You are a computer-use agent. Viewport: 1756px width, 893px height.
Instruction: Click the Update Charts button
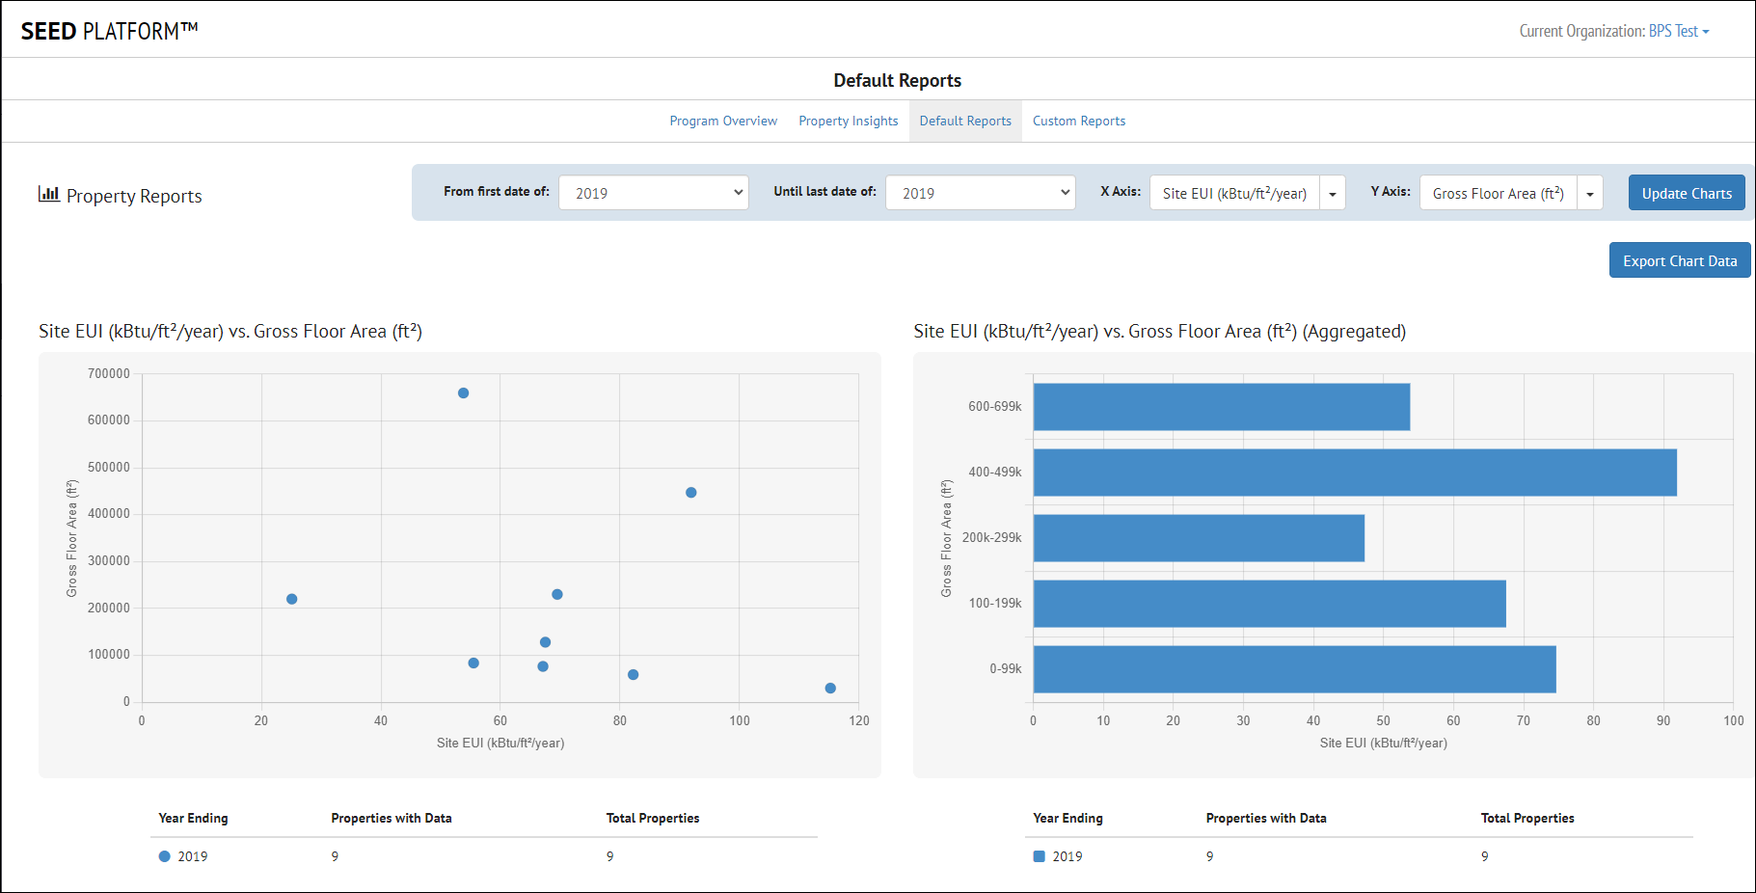click(1686, 193)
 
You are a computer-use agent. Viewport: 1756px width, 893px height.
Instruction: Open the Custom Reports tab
click(1078, 121)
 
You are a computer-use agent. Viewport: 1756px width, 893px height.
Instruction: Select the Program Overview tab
click(723, 121)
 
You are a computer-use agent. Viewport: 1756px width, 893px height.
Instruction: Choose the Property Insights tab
click(848, 121)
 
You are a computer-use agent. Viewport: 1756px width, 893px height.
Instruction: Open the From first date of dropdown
click(653, 193)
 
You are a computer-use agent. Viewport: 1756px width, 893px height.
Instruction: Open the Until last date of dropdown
click(980, 193)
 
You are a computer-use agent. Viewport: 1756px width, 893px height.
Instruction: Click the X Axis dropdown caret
click(1333, 193)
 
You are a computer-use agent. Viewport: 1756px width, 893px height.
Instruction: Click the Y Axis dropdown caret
click(1590, 193)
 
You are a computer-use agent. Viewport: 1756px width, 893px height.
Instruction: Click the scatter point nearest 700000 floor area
click(464, 393)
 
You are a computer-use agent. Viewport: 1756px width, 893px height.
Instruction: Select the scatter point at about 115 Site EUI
click(830, 689)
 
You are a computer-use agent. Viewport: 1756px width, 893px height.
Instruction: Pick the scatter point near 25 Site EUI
click(292, 599)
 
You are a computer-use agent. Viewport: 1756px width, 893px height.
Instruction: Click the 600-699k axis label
click(994, 407)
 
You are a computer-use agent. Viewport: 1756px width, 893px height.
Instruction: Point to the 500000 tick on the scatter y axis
click(109, 468)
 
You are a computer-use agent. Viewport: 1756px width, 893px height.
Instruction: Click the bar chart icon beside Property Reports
click(48, 194)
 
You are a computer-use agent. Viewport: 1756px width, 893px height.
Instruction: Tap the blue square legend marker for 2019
click(1040, 856)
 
